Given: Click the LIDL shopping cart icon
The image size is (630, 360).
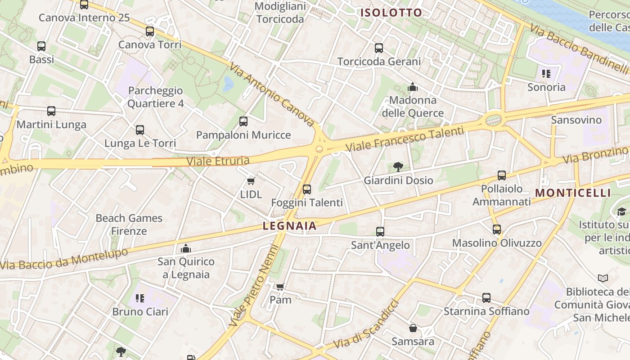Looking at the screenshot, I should click(251, 181).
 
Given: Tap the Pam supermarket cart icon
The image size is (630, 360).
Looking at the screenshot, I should click(280, 286).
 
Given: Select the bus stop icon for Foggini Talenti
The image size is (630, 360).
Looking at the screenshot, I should click(307, 189).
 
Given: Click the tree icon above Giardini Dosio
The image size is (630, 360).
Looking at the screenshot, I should click(398, 167).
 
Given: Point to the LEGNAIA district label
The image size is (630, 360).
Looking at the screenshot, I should click(290, 226).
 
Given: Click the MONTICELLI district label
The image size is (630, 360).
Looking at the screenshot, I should click(573, 193).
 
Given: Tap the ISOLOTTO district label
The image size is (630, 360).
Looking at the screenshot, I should click(391, 13).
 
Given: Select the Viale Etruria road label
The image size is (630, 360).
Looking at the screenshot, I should click(218, 161).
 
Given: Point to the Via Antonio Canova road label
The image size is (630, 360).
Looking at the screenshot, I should click(272, 94).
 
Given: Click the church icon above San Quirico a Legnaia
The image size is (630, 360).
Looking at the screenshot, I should click(186, 248).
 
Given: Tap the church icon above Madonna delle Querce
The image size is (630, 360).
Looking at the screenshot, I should click(413, 87).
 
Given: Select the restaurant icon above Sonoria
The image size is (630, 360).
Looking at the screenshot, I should click(546, 74).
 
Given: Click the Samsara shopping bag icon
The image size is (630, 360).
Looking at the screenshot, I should click(413, 328).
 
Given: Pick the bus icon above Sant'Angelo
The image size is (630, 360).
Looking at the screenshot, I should click(380, 232).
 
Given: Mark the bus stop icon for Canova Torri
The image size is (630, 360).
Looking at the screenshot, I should click(150, 31).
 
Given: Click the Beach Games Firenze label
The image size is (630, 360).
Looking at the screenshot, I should click(129, 225).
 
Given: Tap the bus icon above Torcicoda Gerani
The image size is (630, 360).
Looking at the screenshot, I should click(379, 48).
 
